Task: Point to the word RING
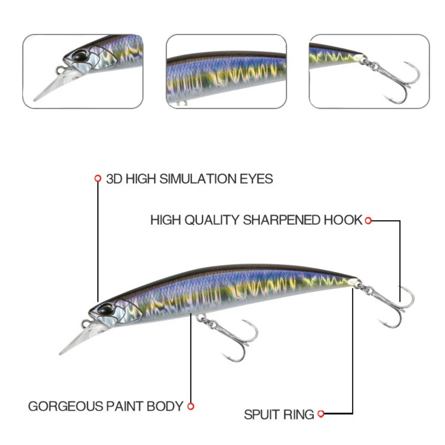[300, 415]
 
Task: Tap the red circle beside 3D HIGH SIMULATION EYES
[98, 179]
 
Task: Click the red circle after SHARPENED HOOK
[368, 220]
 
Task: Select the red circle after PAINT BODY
[191, 406]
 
